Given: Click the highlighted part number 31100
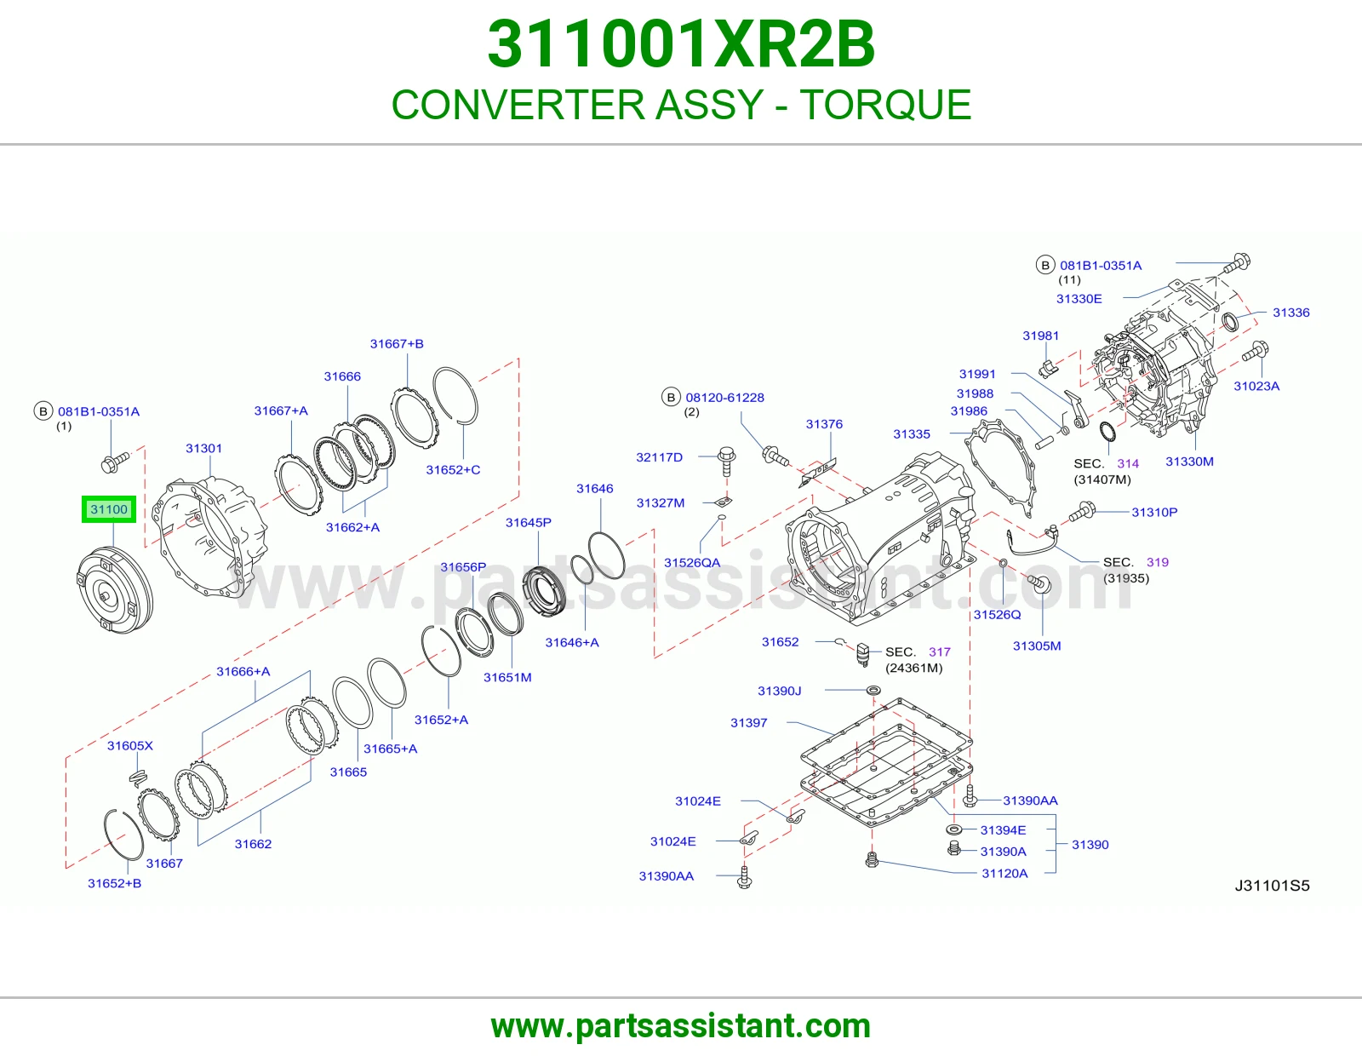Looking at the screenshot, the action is point(108,509).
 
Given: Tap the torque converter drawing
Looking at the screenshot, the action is point(114,590).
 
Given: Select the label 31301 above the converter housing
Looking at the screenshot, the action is point(203,448).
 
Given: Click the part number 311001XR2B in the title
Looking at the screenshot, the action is point(681,44).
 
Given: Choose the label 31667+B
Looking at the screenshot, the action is point(397,344).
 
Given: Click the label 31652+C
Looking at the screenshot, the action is point(453,470).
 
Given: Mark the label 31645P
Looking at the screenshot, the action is point(529,522).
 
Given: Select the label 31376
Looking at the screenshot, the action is point(824,424).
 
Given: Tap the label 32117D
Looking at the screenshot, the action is point(660,457).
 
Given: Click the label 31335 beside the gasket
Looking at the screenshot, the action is point(912,434).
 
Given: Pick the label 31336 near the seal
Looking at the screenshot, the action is point(1291,313).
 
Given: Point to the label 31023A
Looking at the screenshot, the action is point(1256,386).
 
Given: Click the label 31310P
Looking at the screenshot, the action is point(1154,512).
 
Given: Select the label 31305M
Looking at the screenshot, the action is point(1038,646).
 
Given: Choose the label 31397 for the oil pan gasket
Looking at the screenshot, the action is point(749,722).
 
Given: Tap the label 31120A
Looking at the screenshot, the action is point(1004,873).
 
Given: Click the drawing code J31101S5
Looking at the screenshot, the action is point(1273,886).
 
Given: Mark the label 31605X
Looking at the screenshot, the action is point(130,746).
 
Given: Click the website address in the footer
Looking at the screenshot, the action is point(681,1026).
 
